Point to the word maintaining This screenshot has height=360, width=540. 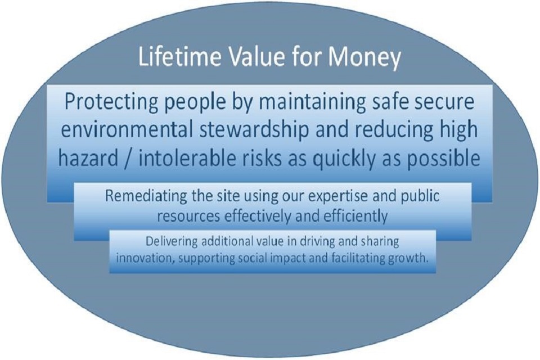[x=308, y=103]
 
